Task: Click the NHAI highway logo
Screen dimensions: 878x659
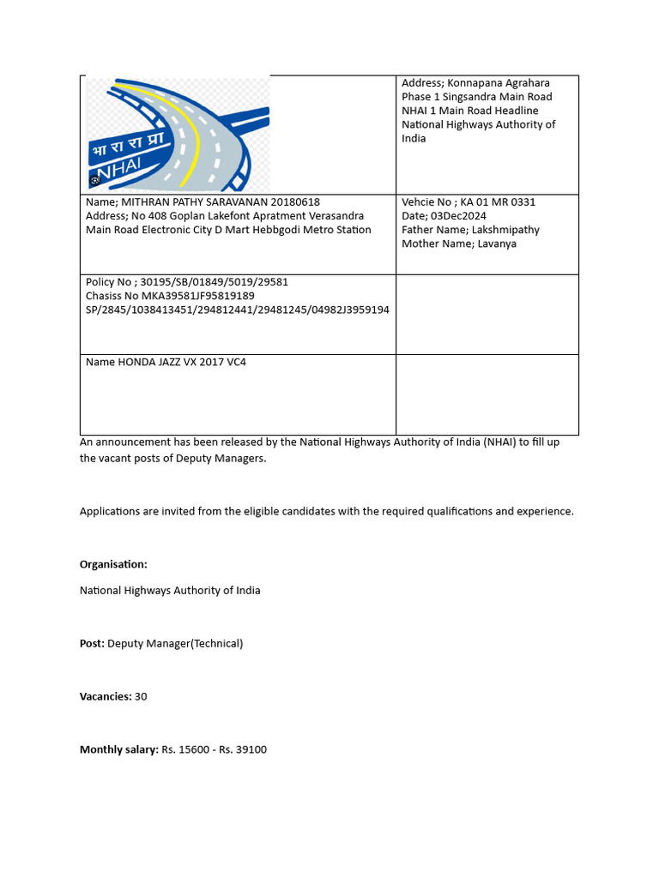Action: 178,135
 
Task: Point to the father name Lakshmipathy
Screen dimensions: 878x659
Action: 506,230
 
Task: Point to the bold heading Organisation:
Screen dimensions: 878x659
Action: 113,564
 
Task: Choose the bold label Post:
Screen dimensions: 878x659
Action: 92,643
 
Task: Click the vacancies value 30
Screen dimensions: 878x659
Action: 141,696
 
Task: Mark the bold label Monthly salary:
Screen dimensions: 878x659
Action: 119,749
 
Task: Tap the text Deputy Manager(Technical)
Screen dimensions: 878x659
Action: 175,643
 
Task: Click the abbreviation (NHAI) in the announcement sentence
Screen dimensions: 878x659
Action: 501,442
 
